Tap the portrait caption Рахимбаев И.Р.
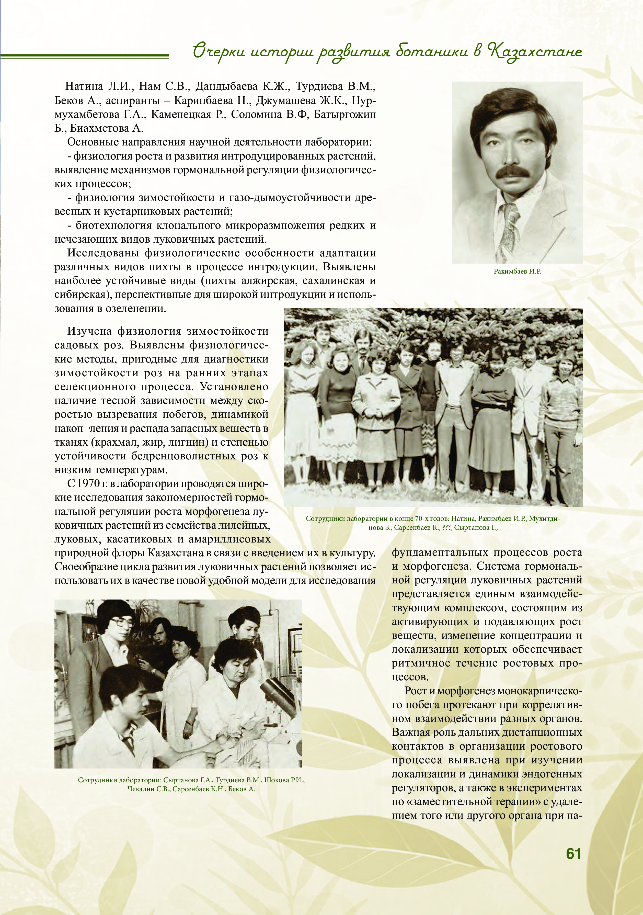(517, 272)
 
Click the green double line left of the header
(84, 55)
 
